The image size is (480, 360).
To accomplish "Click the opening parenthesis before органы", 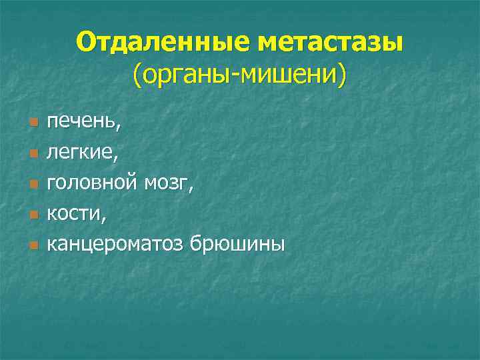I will click(x=136, y=76).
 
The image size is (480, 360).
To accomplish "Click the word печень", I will click(x=79, y=121).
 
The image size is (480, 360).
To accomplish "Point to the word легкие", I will click(x=81, y=152).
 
